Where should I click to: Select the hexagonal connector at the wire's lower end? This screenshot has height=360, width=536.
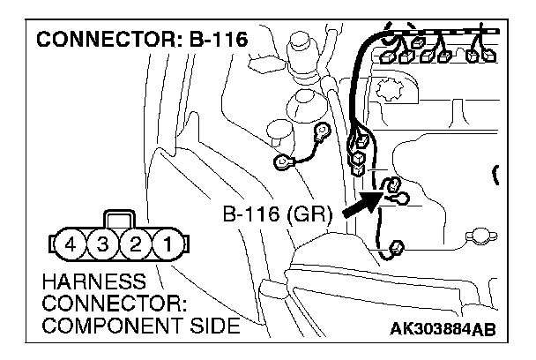(x=396, y=249)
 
